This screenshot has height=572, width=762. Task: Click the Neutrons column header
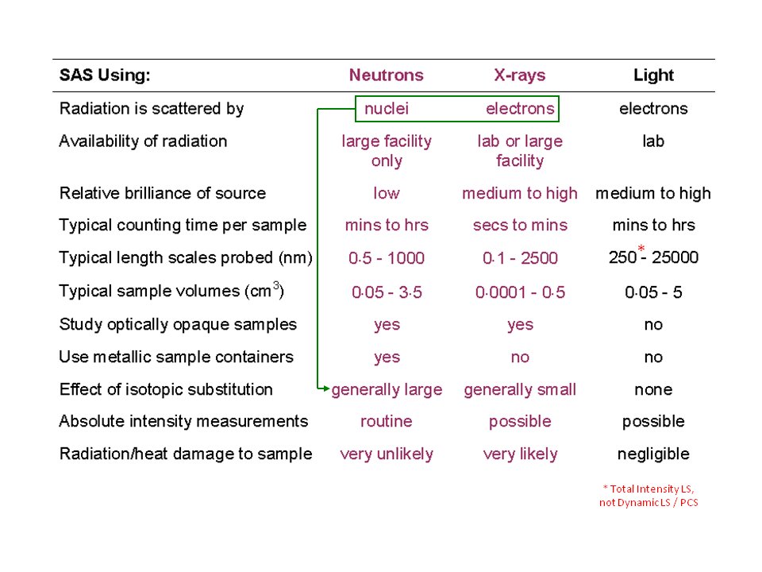point(387,75)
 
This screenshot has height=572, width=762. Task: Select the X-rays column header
point(519,75)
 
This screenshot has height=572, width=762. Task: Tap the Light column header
point(653,75)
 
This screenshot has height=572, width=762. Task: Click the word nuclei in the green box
point(387,109)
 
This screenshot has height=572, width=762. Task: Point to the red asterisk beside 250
point(641,249)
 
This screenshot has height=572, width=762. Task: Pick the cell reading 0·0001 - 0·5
point(520,292)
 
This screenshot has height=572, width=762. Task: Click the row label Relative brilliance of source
point(162,193)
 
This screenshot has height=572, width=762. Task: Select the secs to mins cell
point(520,225)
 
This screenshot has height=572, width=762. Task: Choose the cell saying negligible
point(653,454)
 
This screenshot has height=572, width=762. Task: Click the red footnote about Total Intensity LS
point(648,496)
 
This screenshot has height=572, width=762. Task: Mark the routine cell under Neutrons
point(387,421)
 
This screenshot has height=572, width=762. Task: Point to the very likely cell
point(520,454)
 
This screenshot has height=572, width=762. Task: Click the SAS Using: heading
point(105,75)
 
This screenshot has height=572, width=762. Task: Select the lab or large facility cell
point(520,151)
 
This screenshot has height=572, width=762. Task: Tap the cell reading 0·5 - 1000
point(387,257)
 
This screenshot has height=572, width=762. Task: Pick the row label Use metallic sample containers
point(176,357)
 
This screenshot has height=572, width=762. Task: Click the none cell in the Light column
point(653,389)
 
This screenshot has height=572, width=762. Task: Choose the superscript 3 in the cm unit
point(276,285)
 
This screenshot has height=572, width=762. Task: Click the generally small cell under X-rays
point(520,389)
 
